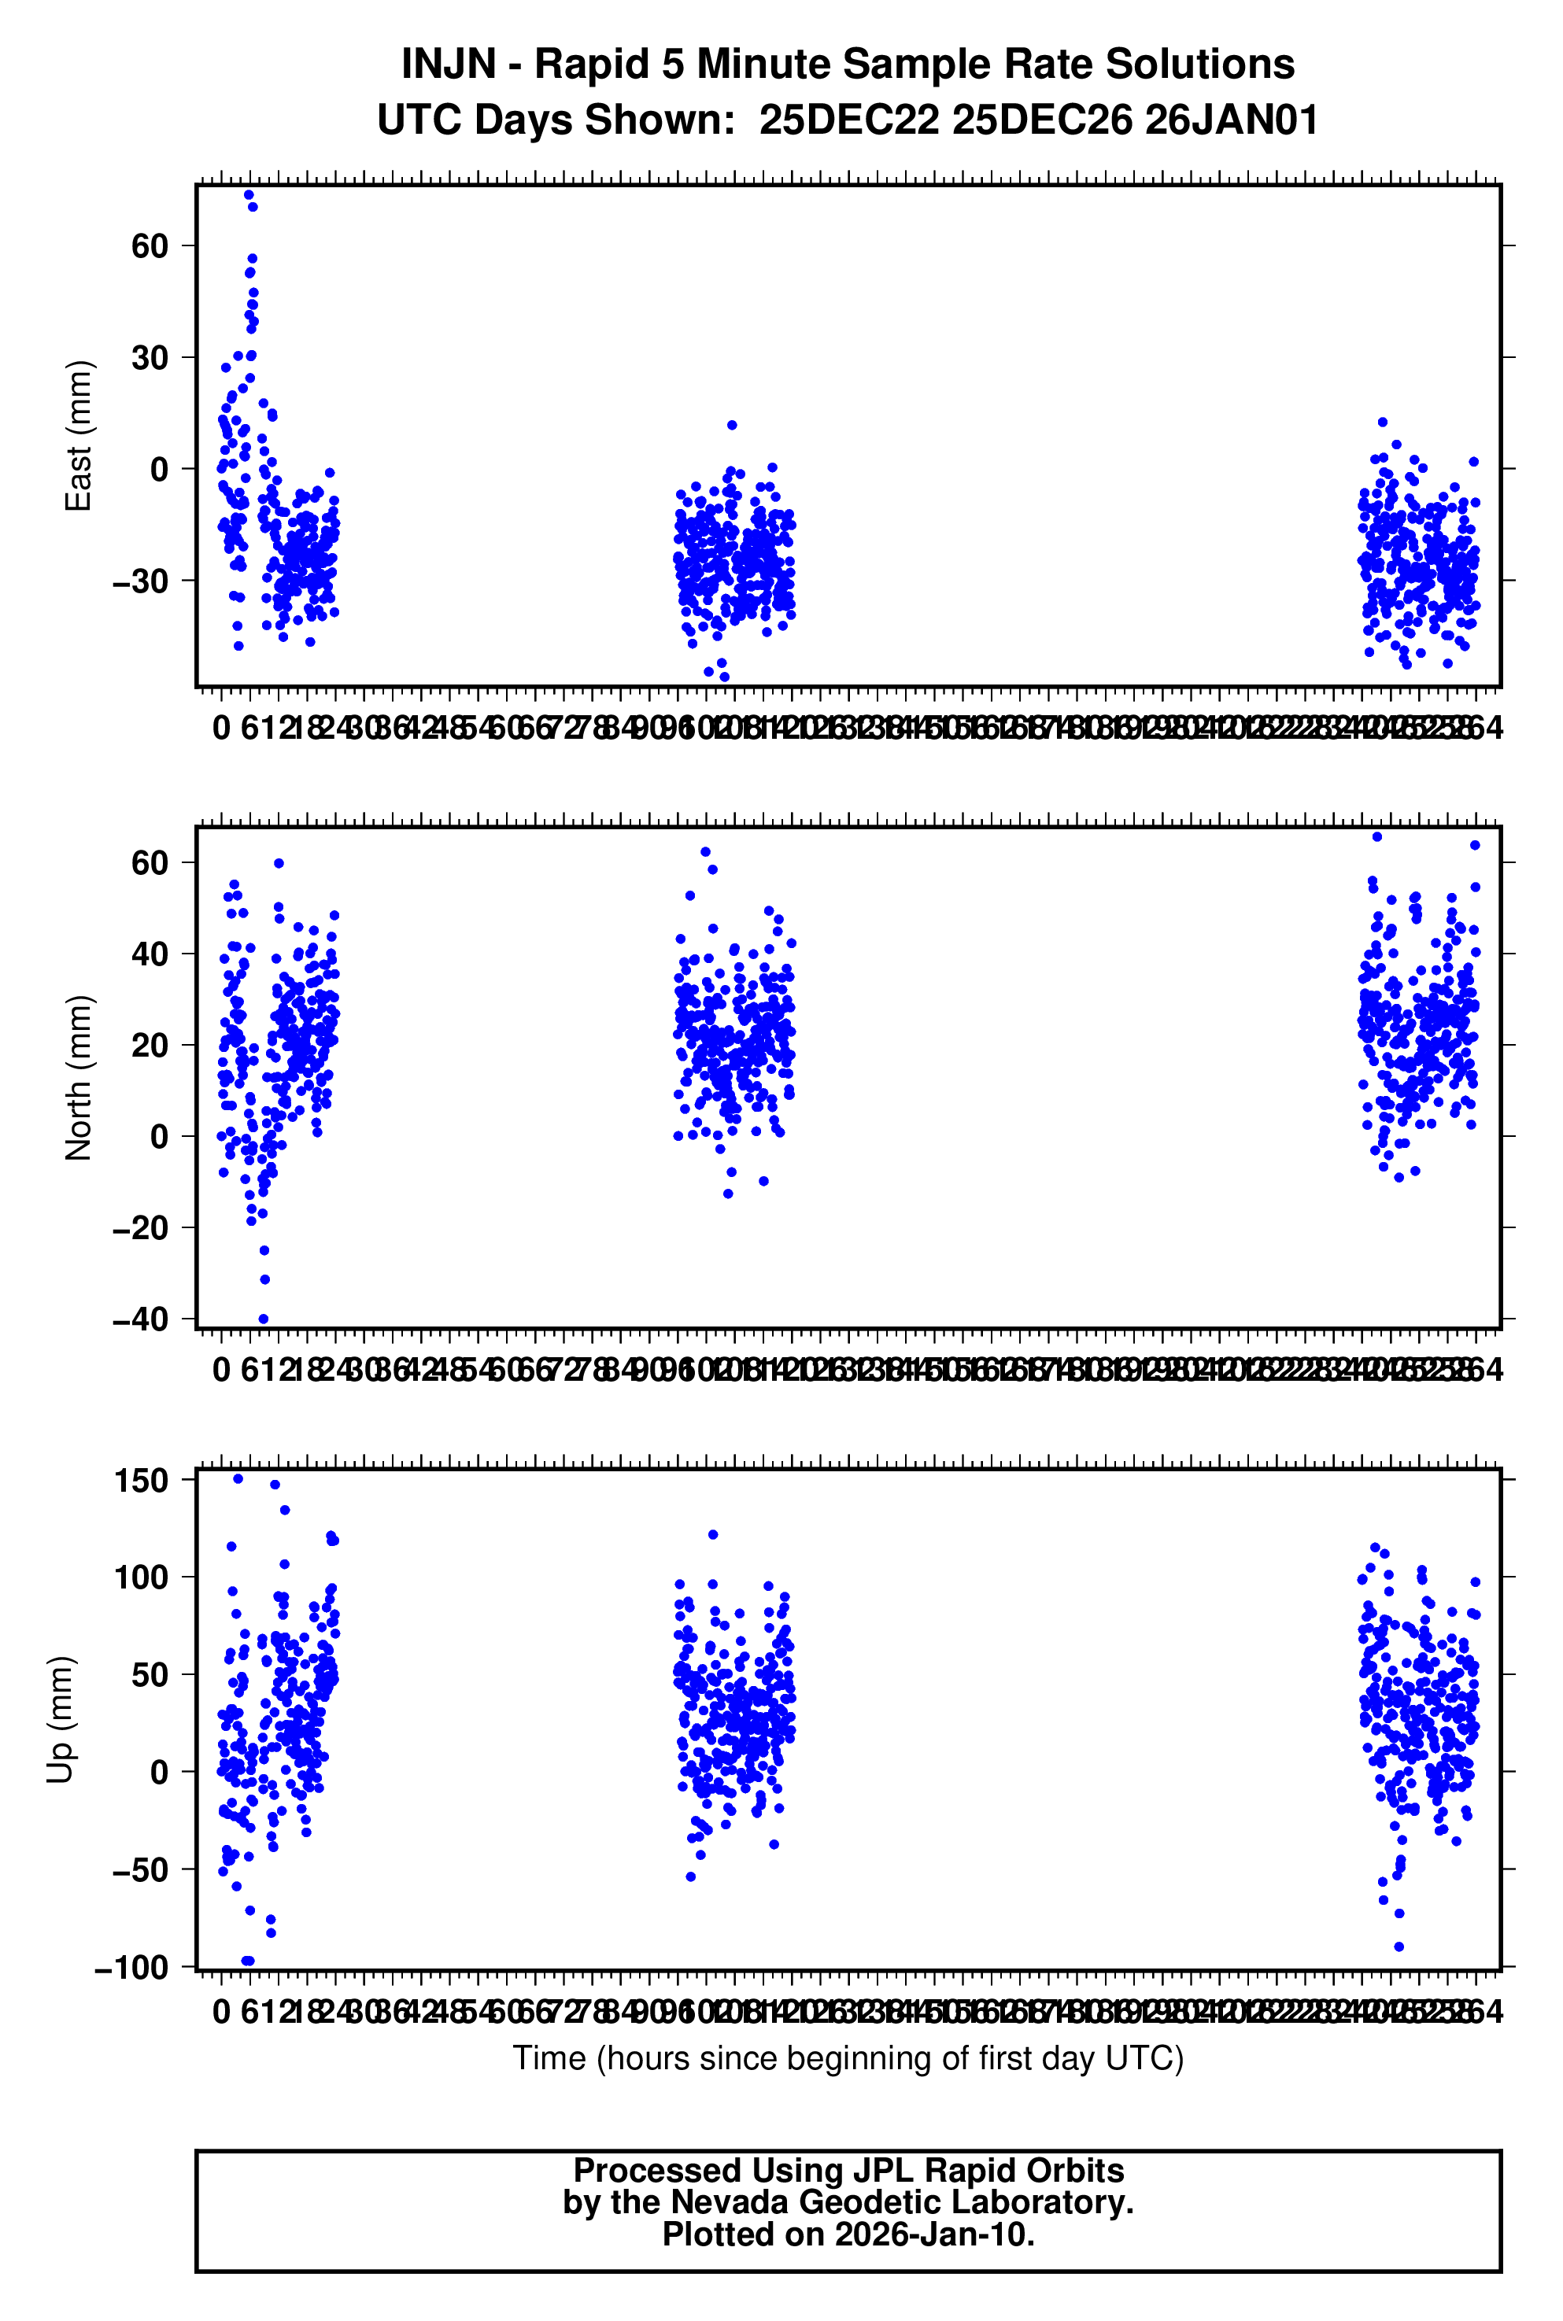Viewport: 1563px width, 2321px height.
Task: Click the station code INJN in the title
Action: [x=448, y=65]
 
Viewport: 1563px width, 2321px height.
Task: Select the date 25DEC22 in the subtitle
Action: [x=848, y=120]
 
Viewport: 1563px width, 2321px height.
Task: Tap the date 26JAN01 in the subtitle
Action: [x=1231, y=120]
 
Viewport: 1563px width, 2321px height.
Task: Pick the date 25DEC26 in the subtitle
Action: [x=1042, y=120]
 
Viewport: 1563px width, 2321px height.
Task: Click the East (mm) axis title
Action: [x=78, y=436]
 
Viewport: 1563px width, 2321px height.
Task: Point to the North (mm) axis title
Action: [x=78, y=1077]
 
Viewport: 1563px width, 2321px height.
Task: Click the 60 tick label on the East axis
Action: [x=150, y=245]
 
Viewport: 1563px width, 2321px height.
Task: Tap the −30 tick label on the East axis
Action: [x=141, y=581]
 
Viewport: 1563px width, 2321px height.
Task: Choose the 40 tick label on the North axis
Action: [x=150, y=954]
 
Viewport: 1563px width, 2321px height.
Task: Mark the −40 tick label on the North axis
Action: [x=141, y=1319]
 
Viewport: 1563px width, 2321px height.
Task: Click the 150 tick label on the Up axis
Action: [x=141, y=1480]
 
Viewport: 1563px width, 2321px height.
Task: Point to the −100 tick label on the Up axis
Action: [x=131, y=1967]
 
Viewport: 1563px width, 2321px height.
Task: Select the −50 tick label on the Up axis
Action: [x=141, y=1869]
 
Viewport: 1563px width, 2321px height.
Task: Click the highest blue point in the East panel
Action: [x=249, y=194]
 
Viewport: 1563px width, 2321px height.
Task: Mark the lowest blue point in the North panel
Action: [x=263, y=1319]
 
